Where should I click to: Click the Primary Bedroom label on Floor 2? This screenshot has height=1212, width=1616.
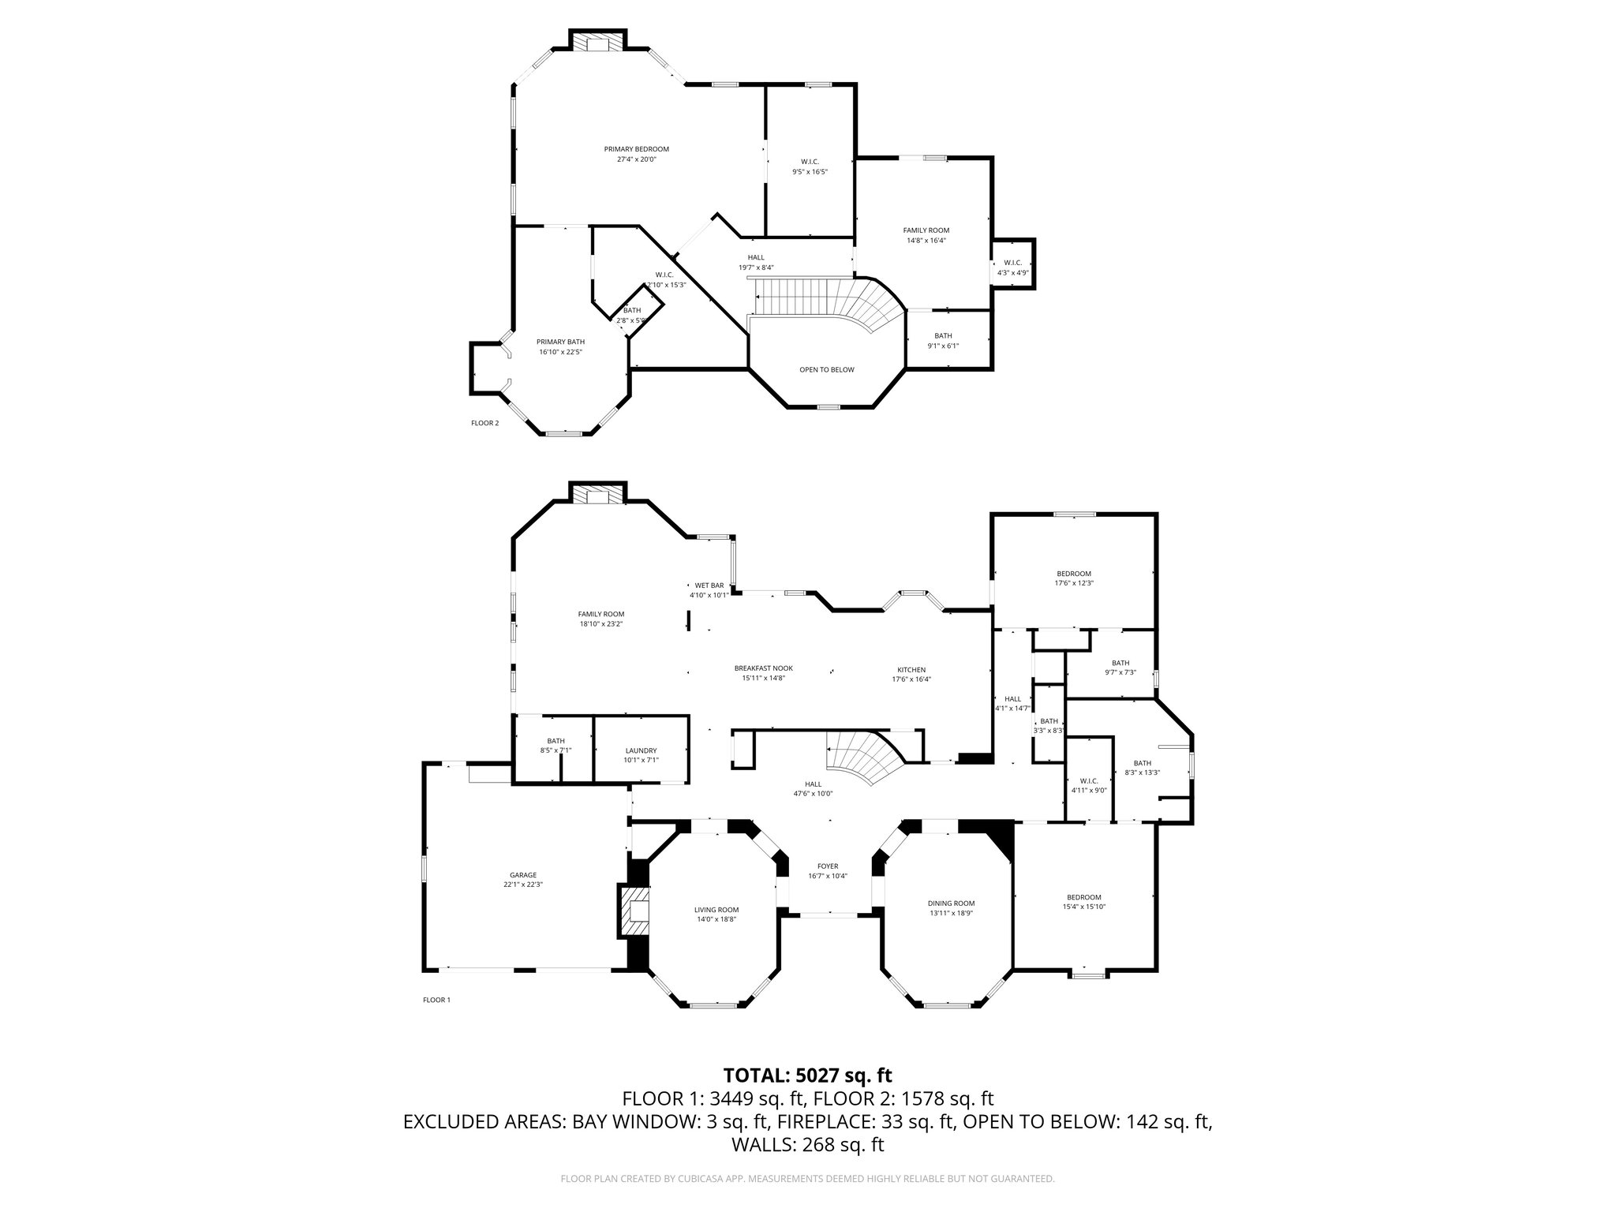636,149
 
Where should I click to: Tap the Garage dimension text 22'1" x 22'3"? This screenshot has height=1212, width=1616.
523,885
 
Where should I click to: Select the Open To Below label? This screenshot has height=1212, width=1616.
826,369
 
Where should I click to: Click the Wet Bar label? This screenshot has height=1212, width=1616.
709,585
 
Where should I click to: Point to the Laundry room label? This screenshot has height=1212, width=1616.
641,750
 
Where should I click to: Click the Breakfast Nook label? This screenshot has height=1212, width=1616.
763,668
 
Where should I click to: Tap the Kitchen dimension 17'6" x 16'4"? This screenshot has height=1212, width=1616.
911,679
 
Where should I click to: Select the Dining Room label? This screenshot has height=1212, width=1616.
951,903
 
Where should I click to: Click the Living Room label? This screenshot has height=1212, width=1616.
716,910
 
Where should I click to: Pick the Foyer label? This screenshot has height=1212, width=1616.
828,866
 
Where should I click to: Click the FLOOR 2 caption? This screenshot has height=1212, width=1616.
484,423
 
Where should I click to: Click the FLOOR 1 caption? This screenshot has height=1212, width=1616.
436,1000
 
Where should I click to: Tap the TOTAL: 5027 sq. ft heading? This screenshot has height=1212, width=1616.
807,1075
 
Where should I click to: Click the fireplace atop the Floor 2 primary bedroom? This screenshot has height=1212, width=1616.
598,43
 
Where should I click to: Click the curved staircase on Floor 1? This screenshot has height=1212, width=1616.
864,756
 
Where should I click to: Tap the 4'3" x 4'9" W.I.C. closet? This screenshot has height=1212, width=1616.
1012,267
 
